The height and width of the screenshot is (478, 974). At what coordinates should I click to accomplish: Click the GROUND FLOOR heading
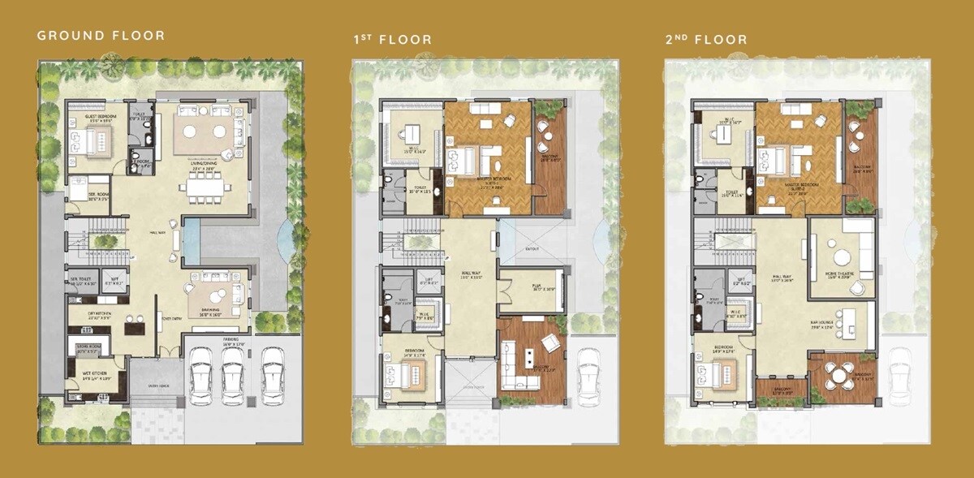pos(101,36)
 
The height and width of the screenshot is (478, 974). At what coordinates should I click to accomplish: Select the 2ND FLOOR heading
pos(706,40)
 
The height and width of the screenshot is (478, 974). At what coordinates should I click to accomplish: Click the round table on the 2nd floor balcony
pos(836,375)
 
